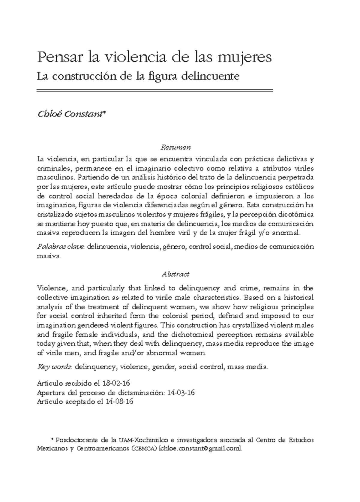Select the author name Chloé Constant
[71, 114]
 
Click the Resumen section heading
[175, 148]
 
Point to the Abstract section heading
[175, 274]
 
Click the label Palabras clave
[61, 247]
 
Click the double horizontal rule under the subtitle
[154, 91]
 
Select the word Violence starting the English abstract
[49, 288]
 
